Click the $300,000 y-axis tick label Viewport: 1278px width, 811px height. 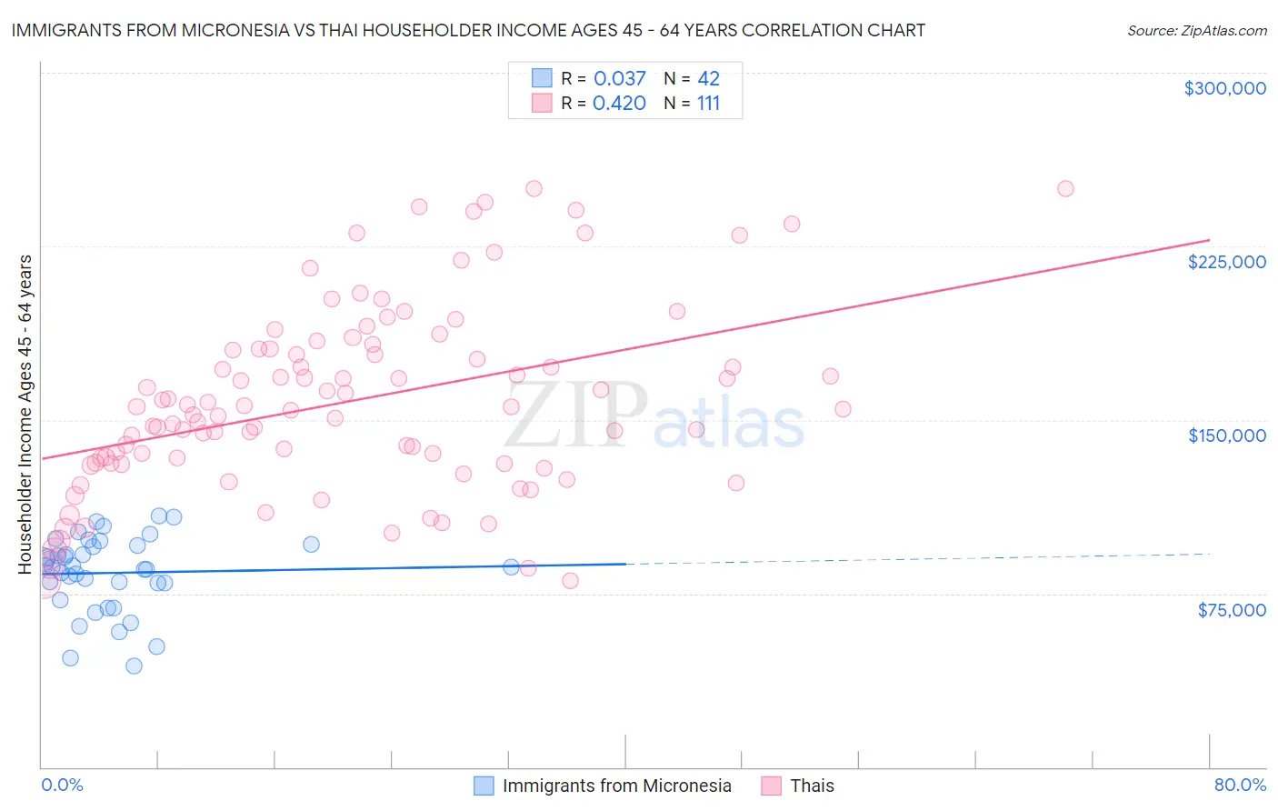tap(1224, 88)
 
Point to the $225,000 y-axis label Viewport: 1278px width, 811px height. tap(1226, 262)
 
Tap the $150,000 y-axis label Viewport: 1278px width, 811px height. tap(1226, 436)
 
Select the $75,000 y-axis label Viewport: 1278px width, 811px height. tap(1232, 610)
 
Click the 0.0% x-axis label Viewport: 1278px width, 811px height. tap(62, 785)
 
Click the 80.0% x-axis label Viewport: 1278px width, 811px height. tap(1240, 785)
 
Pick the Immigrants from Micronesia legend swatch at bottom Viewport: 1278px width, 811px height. tap(484, 786)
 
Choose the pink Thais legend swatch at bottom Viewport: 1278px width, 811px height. tap(771, 786)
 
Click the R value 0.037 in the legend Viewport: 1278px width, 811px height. tap(619, 78)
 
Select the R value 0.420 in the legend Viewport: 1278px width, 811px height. tap(619, 104)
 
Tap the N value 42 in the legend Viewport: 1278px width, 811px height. tap(708, 78)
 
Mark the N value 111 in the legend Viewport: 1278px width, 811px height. tap(708, 104)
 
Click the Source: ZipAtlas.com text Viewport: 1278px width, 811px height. tap(1196, 31)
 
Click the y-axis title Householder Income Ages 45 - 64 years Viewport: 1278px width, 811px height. tap(25, 415)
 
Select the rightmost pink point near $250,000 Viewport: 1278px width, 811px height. tap(1065, 189)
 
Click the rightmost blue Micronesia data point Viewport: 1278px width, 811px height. tap(511, 567)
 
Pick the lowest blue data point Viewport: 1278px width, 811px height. tap(134, 666)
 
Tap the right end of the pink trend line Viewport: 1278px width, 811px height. tap(1209, 240)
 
